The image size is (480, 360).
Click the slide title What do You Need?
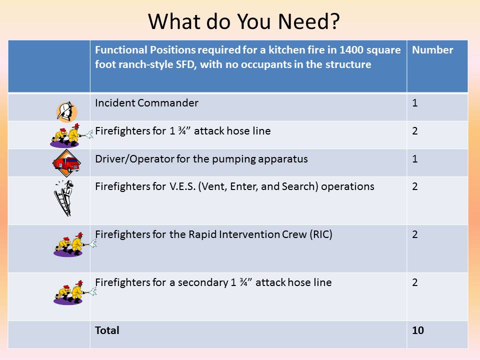[x=243, y=21]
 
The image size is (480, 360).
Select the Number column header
[x=432, y=50]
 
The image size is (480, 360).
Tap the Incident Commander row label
[x=146, y=103]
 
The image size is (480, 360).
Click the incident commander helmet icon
[x=66, y=111]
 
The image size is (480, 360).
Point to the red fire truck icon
[x=66, y=163]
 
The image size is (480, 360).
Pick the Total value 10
[x=418, y=330]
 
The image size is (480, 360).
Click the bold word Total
[x=107, y=330]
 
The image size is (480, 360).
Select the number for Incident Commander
[x=415, y=103]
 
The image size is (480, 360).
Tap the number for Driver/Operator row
[x=415, y=159]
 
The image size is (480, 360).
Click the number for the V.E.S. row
[x=415, y=186]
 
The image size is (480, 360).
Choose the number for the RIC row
[x=415, y=234]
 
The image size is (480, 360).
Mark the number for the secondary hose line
[x=415, y=282]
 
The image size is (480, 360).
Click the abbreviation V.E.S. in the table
[x=182, y=186]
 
